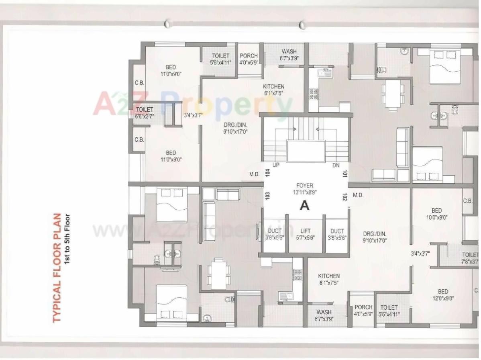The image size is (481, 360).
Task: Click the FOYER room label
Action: tap(305, 185)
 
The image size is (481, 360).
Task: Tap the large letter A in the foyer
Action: tap(305, 206)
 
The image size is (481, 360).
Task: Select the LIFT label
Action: tap(306, 231)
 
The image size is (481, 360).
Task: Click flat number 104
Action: tap(267, 173)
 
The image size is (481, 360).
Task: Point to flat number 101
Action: tap(344, 173)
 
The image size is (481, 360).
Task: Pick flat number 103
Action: tap(267, 196)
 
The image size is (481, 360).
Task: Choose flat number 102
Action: tap(344, 196)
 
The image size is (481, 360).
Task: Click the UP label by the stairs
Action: tap(276, 165)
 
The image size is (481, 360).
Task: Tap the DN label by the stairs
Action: tap(336, 165)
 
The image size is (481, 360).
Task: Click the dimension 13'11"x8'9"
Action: tap(305, 192)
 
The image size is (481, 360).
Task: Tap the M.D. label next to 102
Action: tap(358, 195)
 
